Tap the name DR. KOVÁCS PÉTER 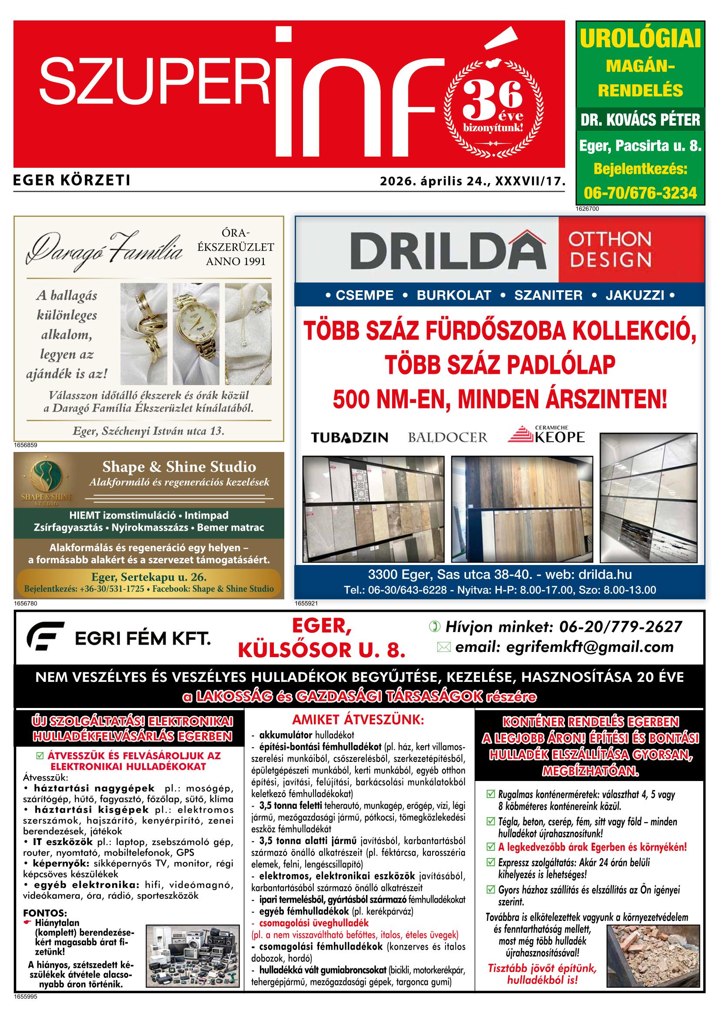click(640, 120)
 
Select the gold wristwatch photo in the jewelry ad click(195, 333)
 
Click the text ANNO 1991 click(236, 261)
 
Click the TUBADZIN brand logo click(349, 438)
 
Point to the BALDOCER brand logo click(447, 438)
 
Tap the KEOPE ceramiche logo click(546, 435)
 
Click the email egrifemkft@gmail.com click(564, 647)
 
